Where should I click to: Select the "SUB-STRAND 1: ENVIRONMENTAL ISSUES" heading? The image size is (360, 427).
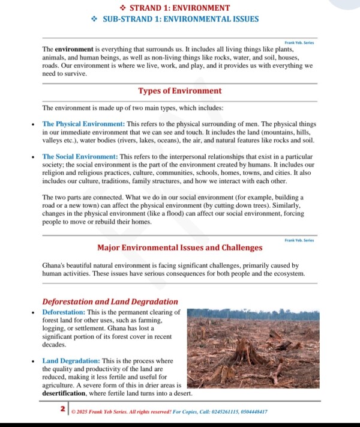pyautogui.click(x=181, y=19)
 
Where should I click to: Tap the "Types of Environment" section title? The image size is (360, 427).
pyautogui.click(x=179, y=91)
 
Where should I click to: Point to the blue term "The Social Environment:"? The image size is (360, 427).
pyautogui.click(x=80, y=157)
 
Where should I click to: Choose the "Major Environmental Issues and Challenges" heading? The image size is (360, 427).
pyautogui.click(x=179, y=247)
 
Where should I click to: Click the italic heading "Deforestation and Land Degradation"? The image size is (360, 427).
pyautogui.click(x=110, y=301)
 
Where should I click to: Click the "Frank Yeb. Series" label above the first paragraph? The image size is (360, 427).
pyautogui.click(x=299, y=43)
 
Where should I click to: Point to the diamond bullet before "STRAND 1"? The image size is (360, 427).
pyautogui.click(x=122, y=8)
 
